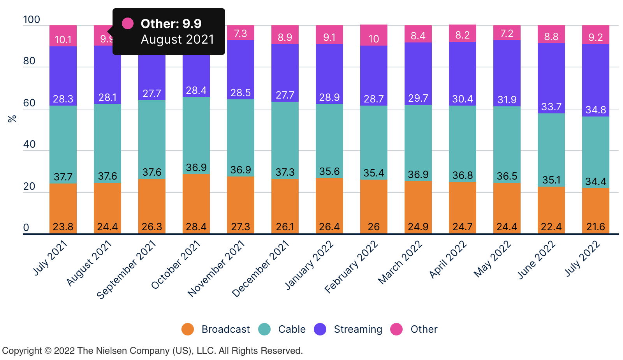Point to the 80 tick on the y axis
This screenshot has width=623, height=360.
click(29, 61)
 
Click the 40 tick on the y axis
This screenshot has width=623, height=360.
click(29, 145)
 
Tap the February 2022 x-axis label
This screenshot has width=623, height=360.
click(351, 266)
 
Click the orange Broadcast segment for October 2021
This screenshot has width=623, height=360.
click(196, 203)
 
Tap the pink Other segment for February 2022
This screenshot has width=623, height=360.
click(374, 35)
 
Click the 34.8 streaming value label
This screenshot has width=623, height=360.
click(596, 110)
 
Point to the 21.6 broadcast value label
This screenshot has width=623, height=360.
click(596, 227)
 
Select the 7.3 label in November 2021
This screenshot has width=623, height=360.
click(241, 34)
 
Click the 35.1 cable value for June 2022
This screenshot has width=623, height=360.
click(551, 180)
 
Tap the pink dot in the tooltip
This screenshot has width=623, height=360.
click(128, 23)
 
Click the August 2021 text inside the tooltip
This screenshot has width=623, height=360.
click(178, 39)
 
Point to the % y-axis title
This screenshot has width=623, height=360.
click(12, 118)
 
